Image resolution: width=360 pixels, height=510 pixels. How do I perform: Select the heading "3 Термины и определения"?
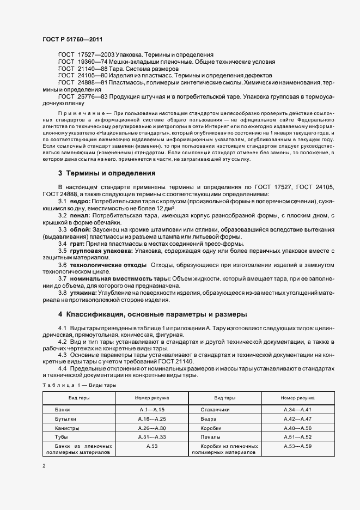[107, 173]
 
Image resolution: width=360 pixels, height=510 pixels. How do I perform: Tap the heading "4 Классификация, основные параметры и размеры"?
[152, 314]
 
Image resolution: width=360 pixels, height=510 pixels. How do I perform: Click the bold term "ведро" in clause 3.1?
[80, 202]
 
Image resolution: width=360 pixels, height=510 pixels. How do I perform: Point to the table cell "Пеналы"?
[209, 437]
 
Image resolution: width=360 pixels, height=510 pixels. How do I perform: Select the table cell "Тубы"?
[62, 437]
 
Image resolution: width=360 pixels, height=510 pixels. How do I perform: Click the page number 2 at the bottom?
[44, 467]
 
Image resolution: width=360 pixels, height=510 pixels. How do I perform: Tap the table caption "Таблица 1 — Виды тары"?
[79, 385]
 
